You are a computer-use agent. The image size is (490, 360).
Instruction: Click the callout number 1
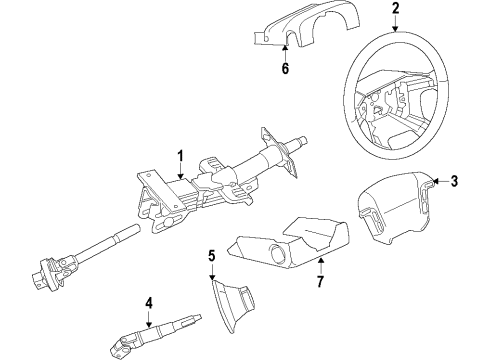pos(180,155)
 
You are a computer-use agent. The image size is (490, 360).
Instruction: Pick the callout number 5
pos(211,255)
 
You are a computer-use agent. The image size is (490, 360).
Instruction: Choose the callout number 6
pos(285,68)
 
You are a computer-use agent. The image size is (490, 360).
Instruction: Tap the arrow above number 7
pos(320,262)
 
